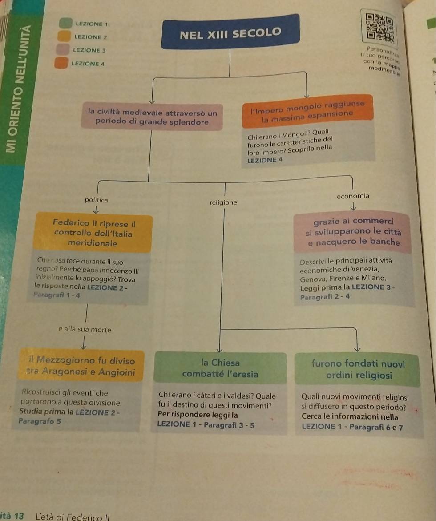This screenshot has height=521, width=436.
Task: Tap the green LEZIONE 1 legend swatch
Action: coord(66,23)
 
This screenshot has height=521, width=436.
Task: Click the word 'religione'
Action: coord(223,202)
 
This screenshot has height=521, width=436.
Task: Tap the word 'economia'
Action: coord(353,196)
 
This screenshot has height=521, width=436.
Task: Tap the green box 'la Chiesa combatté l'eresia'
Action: coord(220,368)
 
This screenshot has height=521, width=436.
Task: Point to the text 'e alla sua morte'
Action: coord(84,330)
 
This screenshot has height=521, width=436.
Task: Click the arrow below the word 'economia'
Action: coord(355,206)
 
